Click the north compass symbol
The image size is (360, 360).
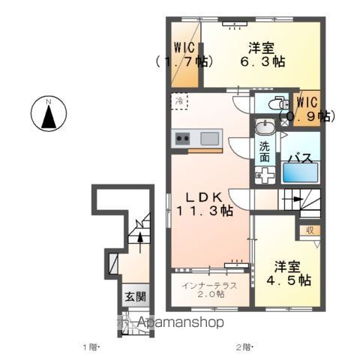47,115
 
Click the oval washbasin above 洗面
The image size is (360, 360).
265,127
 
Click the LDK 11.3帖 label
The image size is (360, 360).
203,203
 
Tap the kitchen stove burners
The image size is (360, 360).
182,138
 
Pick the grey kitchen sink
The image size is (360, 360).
209,138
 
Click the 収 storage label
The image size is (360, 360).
310,230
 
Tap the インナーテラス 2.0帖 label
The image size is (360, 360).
212,289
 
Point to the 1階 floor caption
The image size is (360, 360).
91,346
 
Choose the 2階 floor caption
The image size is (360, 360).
244,346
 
